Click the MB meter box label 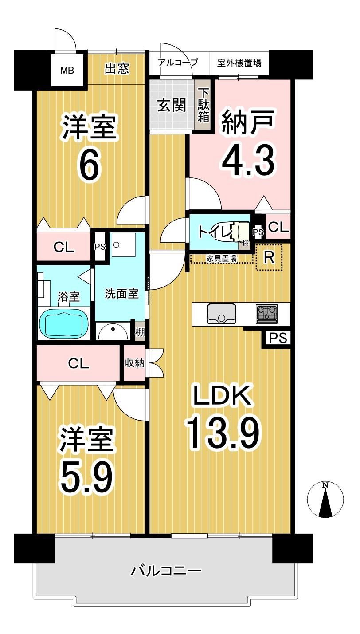tap(67, 70)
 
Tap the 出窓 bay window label tap(117, 68)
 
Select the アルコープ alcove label tap(178, 62)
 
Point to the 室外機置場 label tap(239, 63)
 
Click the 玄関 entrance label tap(172, 106)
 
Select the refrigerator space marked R tap(269, 257)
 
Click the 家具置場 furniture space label tap(221, 258)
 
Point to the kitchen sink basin tap(221, 313)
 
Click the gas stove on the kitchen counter tap(267, 314)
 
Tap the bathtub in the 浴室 tap(64, 323)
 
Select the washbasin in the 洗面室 tap(113, 331)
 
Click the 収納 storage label tap(135, 363)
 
